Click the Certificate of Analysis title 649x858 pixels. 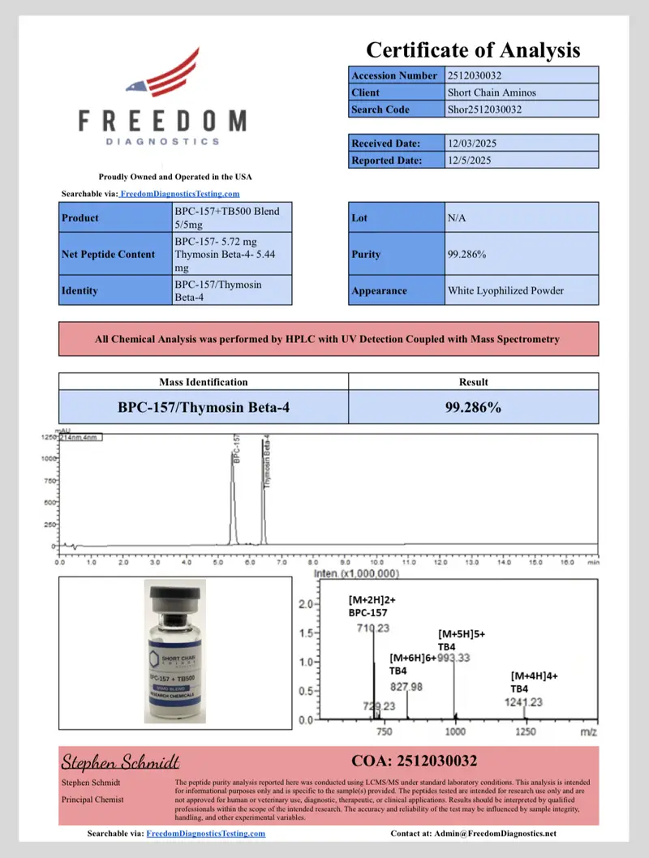click(x=473, y=50)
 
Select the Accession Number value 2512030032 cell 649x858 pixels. click(x=522, y=75)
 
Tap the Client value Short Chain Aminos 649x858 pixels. click(x=522, y=92)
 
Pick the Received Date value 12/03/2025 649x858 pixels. click(x=522, y=144)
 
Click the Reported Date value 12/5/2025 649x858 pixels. click(x=522, y=161)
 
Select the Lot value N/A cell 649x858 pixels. click(x=522, y=218)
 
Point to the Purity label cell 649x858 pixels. click(x=397, y=254)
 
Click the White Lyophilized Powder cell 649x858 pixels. click(x=522, y=290)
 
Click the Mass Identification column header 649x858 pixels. click(x=204, y=382)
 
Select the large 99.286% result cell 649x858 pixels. click(x=473, y=407)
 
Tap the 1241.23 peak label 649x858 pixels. click(x=523, y=702)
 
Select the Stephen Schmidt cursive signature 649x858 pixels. click(x=120, y=762)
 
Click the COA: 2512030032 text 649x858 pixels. click(x=414, y=761)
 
